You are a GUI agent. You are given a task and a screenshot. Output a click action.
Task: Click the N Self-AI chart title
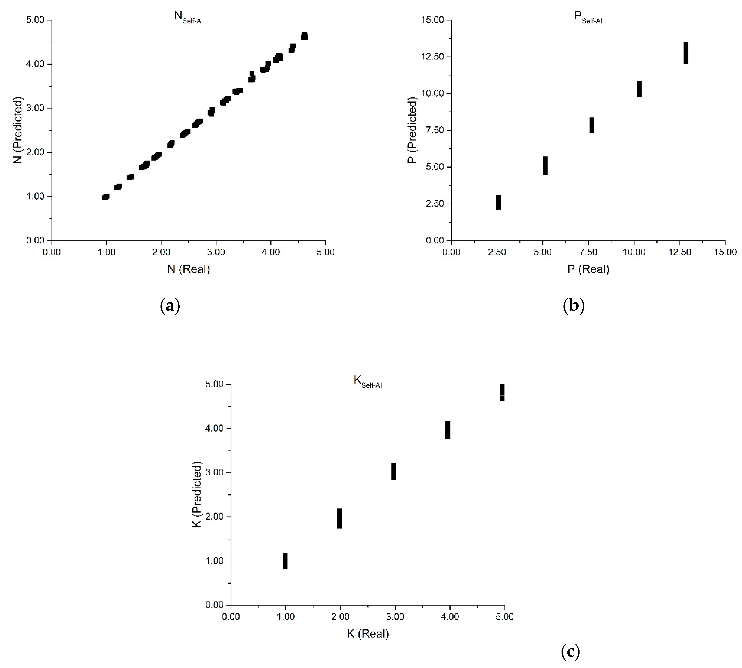188,17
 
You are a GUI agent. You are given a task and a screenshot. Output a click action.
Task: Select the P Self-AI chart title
588,17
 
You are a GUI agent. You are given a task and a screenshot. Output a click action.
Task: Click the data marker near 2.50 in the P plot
498,202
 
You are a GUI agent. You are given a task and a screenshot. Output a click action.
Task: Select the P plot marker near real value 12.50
685,53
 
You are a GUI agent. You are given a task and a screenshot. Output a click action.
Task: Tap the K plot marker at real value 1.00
285,561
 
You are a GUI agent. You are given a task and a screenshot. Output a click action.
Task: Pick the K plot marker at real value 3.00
394,471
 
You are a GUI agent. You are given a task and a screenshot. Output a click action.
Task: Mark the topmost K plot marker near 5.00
502,392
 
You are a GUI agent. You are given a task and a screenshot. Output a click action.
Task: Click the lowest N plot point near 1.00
106,197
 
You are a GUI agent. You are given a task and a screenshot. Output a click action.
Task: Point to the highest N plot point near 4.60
304,36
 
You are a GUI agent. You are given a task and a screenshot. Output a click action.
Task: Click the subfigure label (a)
170,305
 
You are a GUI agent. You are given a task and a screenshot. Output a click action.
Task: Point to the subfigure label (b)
573,305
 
